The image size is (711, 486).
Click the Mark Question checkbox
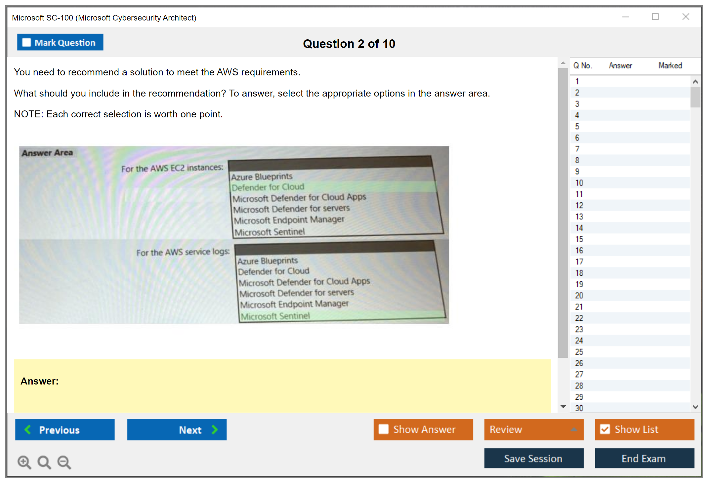coord(26,43)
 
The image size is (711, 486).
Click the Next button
coord(177,430)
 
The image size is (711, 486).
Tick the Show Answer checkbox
coord(384,429)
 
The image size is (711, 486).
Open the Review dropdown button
coord(534,429)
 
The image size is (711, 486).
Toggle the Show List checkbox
coord(605,429)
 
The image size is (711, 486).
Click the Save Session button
coord(534,458)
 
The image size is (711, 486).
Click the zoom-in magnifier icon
coord(24,462)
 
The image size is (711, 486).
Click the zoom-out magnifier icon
coord(64,462)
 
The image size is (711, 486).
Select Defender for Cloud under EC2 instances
coord(268,187)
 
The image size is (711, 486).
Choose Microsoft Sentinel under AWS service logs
coord(275,316)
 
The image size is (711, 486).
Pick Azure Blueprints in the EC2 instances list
coord(262,177)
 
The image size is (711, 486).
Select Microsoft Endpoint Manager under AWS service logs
coord(294,304)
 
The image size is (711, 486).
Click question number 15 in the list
coord(579,239)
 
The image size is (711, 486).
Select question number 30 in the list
coord(579,408)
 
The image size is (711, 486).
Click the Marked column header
coord(670,65)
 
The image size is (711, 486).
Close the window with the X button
coord(686,17)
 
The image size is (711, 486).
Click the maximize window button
coord(655,17)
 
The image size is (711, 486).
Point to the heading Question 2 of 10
coord(349,44)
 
